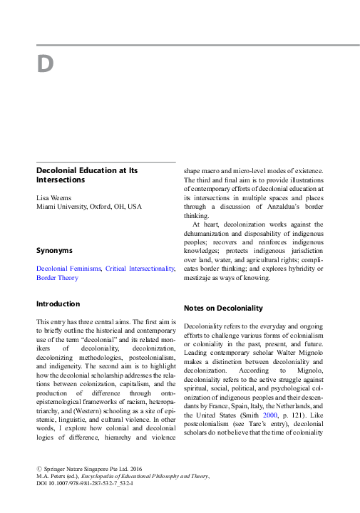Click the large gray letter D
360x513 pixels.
click(45, 65)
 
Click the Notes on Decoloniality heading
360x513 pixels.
click(224, 309)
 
